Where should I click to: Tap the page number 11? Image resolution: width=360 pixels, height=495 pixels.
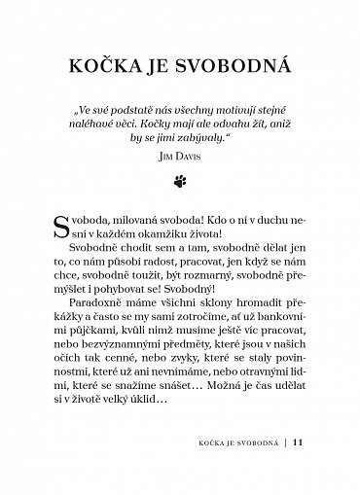[x=300, y=473]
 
